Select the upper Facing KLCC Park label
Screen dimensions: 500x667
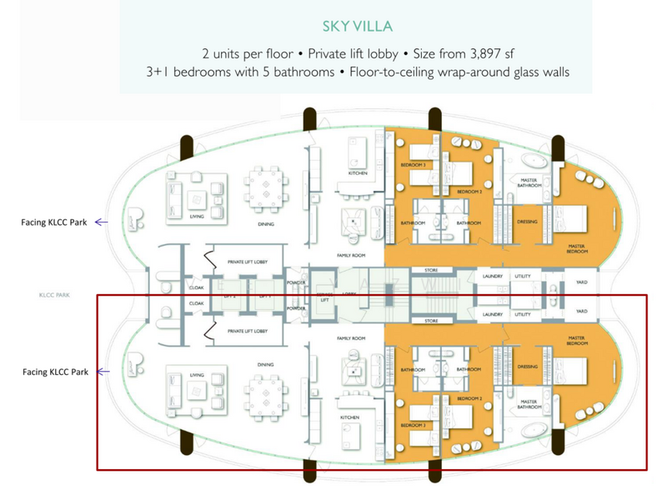click(55, 222)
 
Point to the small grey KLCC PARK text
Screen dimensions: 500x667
click(52, 294)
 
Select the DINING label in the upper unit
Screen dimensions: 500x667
click(266, 222)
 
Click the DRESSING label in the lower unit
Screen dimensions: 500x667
click(527, 366)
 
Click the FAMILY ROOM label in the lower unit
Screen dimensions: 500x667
click(351, 338)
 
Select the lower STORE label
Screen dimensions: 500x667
click(431, 321)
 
